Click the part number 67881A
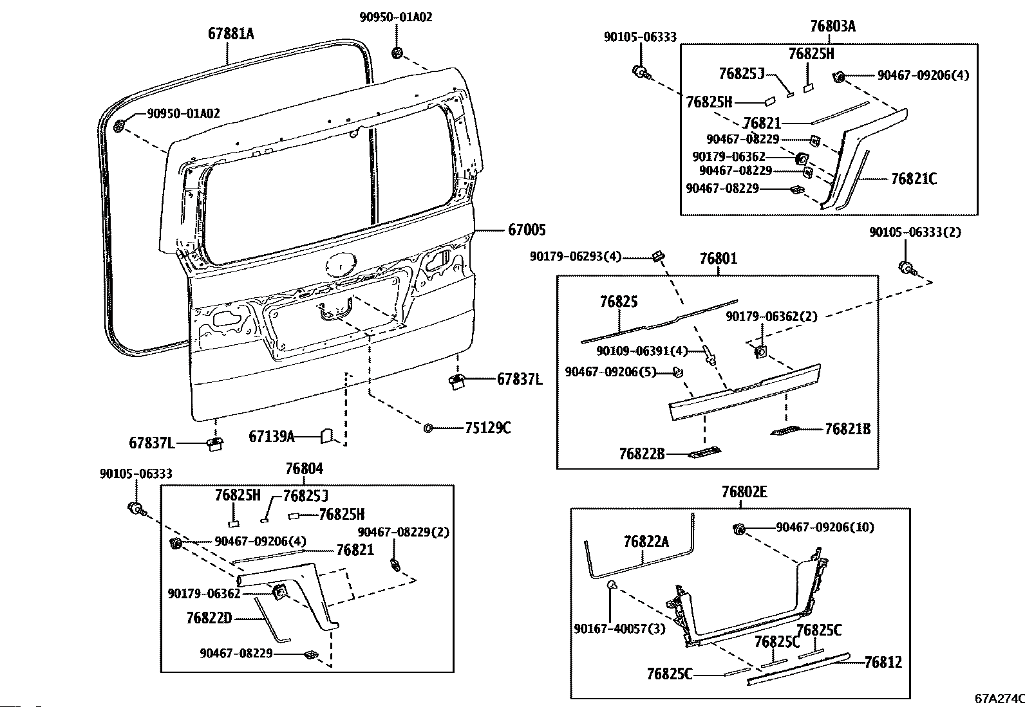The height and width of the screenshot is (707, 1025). coord(230,33)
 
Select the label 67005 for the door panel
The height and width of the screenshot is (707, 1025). coord(527,230)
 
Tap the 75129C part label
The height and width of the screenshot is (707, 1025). coord(488,428)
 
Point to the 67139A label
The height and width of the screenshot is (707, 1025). coord(271,437)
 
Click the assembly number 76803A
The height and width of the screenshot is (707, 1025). coord(833,26)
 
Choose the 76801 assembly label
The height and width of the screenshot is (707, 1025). coord(719,259)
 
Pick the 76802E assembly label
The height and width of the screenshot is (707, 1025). coord(744,491)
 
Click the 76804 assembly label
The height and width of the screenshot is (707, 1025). coord(305,469)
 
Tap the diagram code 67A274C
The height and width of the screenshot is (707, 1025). coord(999,699)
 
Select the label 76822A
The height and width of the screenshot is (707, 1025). coord(646,542)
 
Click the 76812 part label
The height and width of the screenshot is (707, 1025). coord(883,662)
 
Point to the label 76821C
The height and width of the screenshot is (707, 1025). coord(914,179)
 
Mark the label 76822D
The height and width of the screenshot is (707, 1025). coord(209,618)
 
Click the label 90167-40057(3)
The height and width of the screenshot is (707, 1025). coord(619,629)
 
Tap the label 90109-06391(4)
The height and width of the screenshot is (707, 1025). coord(642,351)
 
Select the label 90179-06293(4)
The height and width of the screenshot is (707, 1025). coord(576,257)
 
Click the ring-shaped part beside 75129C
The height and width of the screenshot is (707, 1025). coord(428,428)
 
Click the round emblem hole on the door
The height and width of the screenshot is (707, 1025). coord(341,265)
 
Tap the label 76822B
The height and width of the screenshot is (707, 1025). coord(642,454)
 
